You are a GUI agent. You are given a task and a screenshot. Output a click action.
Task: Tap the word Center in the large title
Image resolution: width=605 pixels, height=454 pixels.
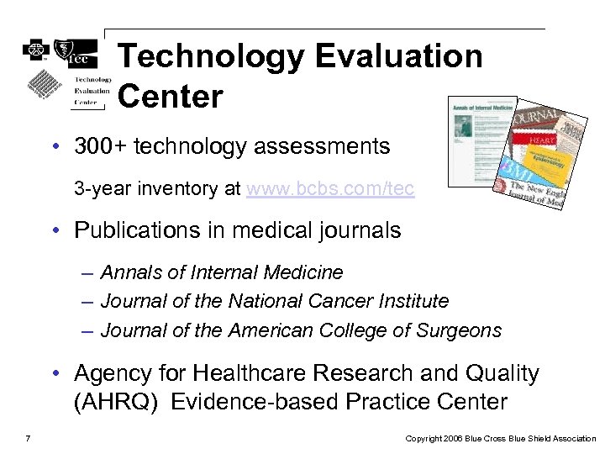tap(171, 97)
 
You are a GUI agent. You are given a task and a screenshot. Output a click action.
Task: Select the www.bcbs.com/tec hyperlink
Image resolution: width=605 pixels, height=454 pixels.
tap(330, 188)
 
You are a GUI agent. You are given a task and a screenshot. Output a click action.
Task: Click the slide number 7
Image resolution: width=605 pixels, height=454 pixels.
tap(29, 438)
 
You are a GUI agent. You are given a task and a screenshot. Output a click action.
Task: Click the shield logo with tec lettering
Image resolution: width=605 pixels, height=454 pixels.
tap(75, 52)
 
